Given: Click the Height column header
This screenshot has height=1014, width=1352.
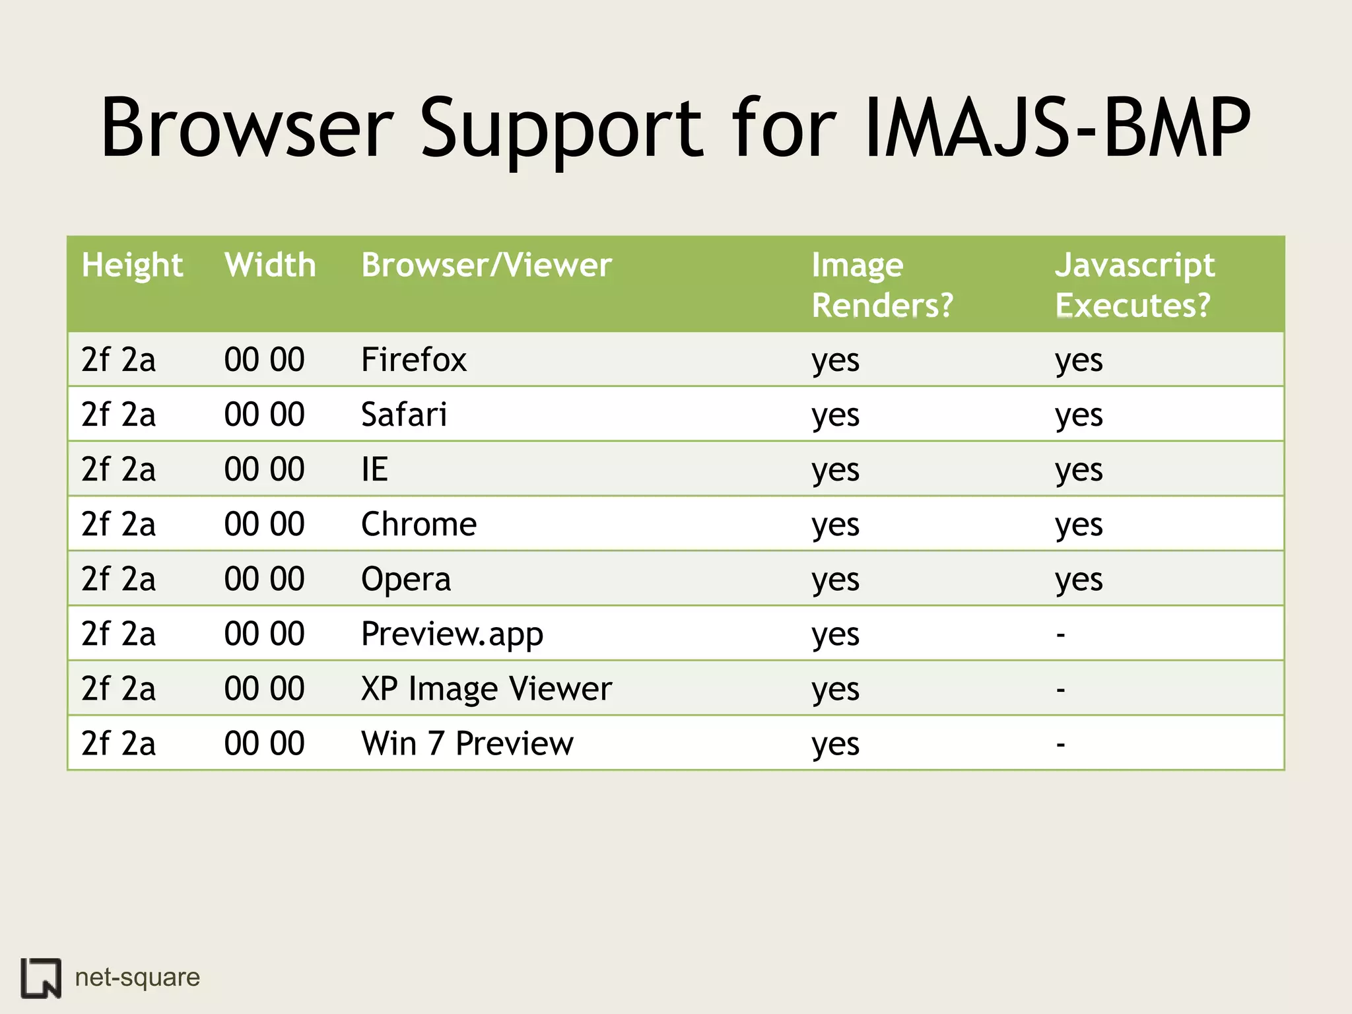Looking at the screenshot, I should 132,266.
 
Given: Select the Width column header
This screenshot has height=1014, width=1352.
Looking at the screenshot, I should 270,265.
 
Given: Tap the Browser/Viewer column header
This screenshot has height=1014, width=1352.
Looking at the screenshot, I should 487,265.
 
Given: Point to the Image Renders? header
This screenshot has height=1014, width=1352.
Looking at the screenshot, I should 882,285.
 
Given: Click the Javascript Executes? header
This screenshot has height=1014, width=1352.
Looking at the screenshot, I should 1134,285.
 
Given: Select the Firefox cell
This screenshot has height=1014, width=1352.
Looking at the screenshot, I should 414,360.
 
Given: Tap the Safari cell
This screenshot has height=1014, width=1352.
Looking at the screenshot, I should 404,415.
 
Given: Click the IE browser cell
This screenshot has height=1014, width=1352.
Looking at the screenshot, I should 374,469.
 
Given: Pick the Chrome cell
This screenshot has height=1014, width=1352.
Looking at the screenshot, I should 419,524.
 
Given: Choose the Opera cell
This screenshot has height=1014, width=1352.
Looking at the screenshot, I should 406,579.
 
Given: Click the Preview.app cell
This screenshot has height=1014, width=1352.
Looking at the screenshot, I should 452,634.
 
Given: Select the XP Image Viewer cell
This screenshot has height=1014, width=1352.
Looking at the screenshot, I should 487,689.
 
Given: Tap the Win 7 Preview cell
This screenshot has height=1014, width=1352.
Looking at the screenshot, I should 467,743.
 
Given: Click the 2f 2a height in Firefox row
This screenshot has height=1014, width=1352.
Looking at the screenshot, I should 119,360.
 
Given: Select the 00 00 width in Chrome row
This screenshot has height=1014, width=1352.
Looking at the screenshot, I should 264,524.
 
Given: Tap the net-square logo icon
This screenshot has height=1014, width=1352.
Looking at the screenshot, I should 41,977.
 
